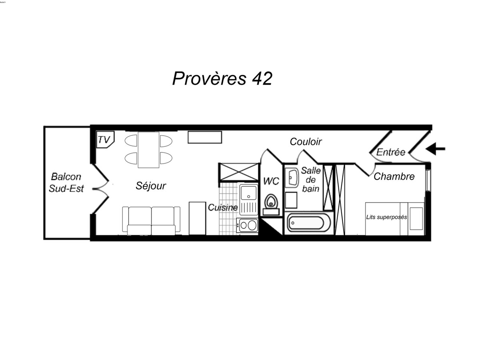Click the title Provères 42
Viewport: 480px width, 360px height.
[222, 78]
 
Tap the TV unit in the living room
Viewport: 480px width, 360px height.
[105, 139]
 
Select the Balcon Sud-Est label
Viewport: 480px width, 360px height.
[66, 182]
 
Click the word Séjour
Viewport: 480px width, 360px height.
[151, 186]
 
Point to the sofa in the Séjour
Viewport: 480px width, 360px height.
[151, 221]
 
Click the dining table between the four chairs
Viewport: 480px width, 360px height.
[148, 150]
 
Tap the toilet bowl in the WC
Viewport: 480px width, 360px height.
[271, 202]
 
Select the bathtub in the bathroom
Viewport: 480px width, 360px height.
[309, 223]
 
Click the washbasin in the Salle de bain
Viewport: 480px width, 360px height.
[292, 178]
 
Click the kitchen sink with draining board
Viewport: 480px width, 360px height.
[249, 200]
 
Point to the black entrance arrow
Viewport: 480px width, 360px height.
[435, 149]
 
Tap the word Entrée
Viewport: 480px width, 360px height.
[391, 152]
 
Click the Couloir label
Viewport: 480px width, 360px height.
[306, 142]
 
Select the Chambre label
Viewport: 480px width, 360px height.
[394, 177]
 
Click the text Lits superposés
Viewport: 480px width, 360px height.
[386, 217]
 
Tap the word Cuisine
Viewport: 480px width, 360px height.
[223, 208]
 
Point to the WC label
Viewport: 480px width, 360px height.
[271, 181]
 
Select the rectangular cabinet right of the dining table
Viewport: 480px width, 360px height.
[205, 137]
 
